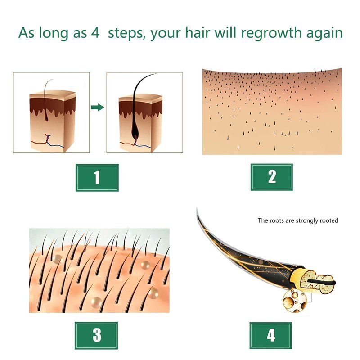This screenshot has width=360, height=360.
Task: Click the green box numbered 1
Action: click(97, 177)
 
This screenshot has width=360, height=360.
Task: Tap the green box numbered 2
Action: click(272, 177)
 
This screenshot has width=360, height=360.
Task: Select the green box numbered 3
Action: click(96, 335)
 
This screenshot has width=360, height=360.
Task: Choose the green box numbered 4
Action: click(271, 335)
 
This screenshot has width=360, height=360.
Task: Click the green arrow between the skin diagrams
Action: click(98, 107)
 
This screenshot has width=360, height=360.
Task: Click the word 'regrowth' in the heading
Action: click(271, 33)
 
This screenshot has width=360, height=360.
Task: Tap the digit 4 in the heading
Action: click(95, 33)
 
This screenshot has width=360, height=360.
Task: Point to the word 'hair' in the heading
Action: click(198, 32)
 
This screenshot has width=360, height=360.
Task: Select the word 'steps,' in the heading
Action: click(127, 33)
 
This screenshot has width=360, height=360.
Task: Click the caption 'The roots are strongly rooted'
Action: click(298, 220)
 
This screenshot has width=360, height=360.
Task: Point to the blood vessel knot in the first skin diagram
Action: click(48, 138)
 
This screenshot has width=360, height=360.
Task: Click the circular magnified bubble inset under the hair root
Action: click(295, 301)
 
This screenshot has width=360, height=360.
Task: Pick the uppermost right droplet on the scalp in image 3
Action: click(145, 265)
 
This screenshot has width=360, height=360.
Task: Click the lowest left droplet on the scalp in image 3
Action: click(96, 302)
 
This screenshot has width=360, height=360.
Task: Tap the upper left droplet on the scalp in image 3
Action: click(58, 259)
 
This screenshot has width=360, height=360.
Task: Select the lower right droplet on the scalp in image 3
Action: click(153, 293)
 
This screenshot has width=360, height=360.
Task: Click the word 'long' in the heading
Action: click(54, 33)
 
